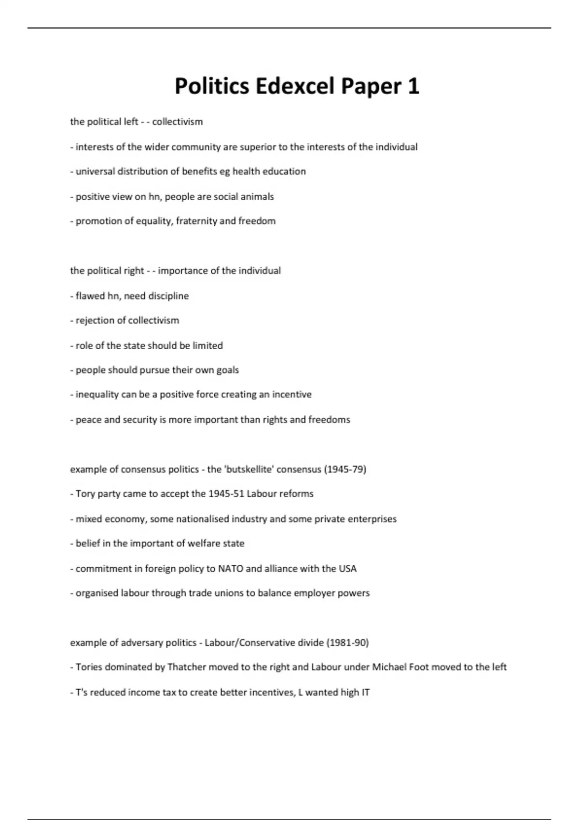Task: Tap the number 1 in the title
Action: coord(414,87)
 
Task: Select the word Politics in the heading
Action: coord(212,87)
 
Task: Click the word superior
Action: coord(257,147)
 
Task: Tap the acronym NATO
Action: coord(230,569)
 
